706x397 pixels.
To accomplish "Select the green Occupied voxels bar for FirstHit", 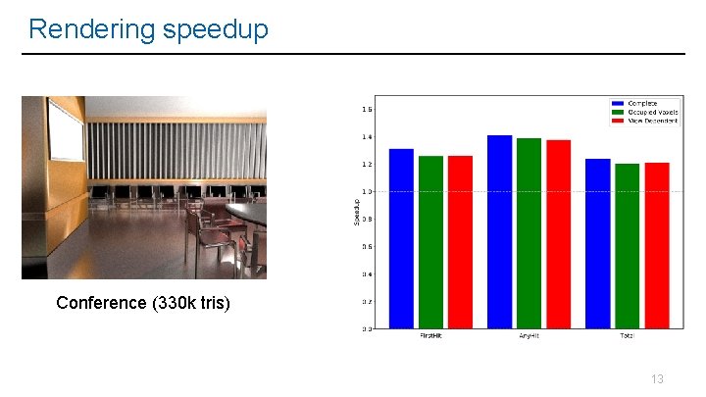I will click(430, 242).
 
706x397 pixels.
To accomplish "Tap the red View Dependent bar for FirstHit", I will click(460, 242).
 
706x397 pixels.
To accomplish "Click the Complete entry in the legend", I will click(642, 103).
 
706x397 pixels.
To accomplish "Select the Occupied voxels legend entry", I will click(648, 112).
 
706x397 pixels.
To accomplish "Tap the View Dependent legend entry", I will click(648, 121).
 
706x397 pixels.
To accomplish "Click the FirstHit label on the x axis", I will click(430, 336).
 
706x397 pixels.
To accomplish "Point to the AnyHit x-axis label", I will click(529, 336).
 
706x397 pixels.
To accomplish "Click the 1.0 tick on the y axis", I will click(367, 191).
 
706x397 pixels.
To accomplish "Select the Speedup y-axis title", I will click(356, 213).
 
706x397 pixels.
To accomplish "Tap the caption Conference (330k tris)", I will click(143, 303).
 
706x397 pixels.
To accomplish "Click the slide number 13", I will click(657, 378).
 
